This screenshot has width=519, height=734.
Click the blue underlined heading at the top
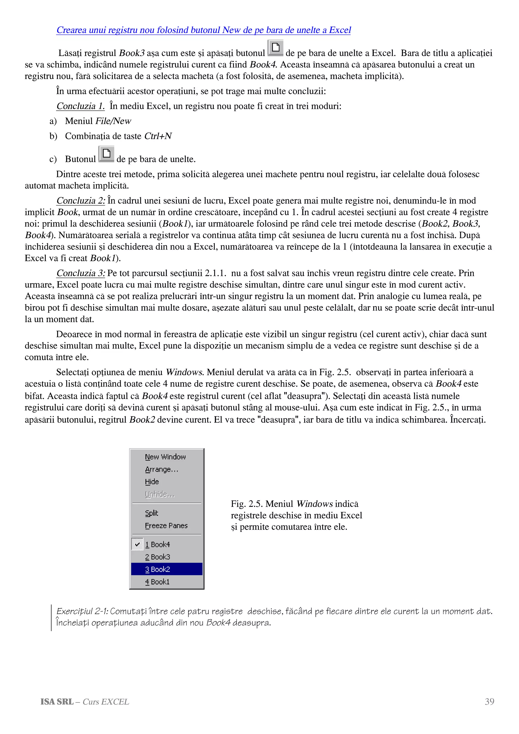pyautogui.click(x=203, y=30)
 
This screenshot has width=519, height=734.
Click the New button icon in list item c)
pyautogui.click(x=106, y=154)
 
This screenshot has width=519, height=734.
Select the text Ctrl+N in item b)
pyautogui.click(x=158, y=136)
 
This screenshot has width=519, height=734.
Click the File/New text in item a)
pyautogui.click(x=113, y=121)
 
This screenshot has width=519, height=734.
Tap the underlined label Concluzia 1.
pyautogui.click(x=80, y=106)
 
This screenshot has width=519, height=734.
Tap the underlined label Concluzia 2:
pyautogui.click(x=81, y=201)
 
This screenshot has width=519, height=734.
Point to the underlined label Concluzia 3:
pyautogui.click(x=81, y=273)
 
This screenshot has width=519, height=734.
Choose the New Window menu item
pyautogui.click(x=165, y=457)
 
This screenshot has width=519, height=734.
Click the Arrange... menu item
pyautogui.click(x=161, y=470)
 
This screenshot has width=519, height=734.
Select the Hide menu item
pyautogui.click(x=152, y=482)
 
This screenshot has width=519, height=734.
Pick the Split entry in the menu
pyautogui.click(x=152, y=513)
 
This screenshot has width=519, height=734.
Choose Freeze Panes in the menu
pyautogui.click(x=166, y=526)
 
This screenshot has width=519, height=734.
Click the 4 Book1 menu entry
pyautogui.click(x=157, y=582)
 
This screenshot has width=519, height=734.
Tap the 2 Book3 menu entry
pyautogui.click(x=158, y=557)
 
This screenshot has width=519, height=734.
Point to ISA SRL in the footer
pyautogui.click(x=57, y=702)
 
